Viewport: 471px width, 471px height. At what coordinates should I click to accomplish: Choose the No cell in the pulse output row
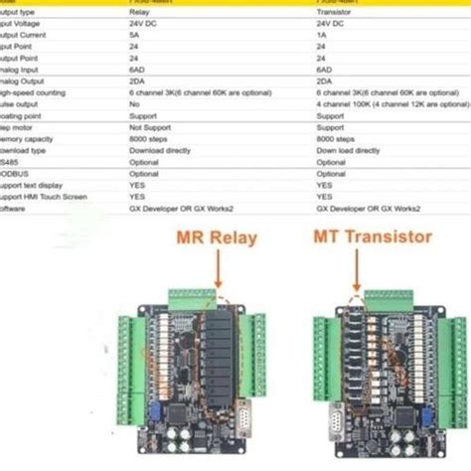pos(133,102)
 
